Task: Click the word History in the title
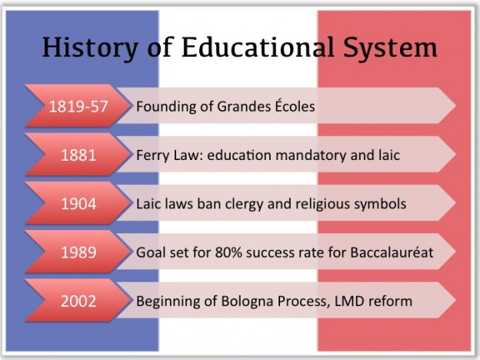coord(90,48)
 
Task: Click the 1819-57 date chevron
coord(78,106)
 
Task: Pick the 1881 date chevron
coord(78,155)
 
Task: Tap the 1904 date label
coord(78,204)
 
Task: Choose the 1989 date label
coord(78,252)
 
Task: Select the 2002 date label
coord(78,301)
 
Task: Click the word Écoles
coord(295,105)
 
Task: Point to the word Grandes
coord(244,106)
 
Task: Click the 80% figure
coord(228,252)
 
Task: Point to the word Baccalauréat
coord(392,252)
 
